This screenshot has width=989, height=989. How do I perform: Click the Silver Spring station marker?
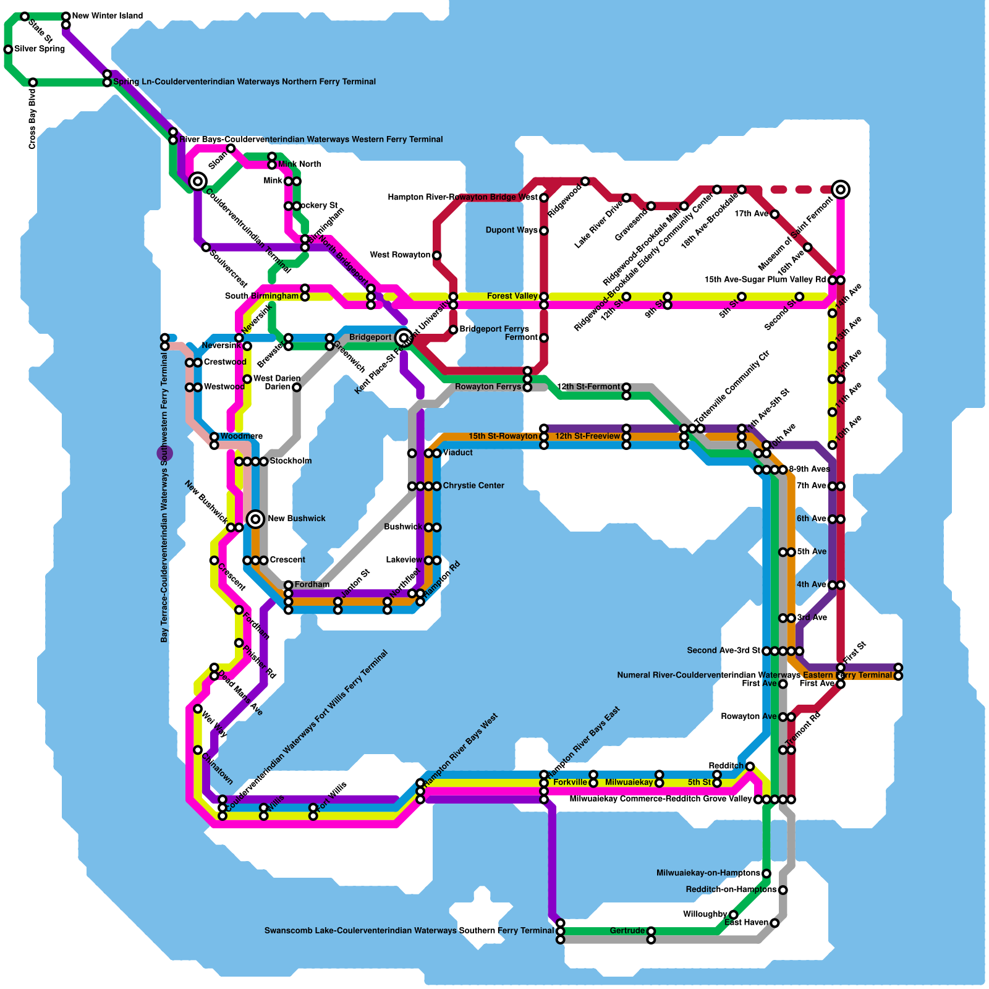tap(8, 49)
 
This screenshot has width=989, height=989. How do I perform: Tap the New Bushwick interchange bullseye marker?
tap(256, 519)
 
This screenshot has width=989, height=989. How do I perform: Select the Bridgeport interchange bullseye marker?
tap(404, 337)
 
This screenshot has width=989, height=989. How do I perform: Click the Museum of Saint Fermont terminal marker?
tap(840, 190)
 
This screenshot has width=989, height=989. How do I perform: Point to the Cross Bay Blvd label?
tap(32, 119)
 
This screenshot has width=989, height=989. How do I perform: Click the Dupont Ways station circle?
tap(544, 231)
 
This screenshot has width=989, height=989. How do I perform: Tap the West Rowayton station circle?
tap(436, 255)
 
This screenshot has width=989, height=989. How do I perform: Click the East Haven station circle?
tap(775, 923)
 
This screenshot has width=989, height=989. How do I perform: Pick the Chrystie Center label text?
tap(473, 486)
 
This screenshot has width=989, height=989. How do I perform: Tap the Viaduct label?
tap(457, 453)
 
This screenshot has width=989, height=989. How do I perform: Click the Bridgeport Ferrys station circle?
tap(453, 329)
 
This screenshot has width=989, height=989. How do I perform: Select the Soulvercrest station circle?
tap(206, 247)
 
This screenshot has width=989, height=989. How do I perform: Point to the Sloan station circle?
tap(231, 148)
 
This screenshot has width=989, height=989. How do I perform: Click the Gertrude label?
tap(627, 931)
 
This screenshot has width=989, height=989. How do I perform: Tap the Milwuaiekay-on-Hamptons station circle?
tap(766, 873)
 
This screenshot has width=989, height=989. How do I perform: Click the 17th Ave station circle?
tap(775, 214)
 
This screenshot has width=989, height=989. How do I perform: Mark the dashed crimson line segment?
tap(797, 190)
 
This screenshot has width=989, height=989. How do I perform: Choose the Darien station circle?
tap(297, 388)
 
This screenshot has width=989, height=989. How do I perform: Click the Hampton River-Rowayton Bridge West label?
tap(462, 198)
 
